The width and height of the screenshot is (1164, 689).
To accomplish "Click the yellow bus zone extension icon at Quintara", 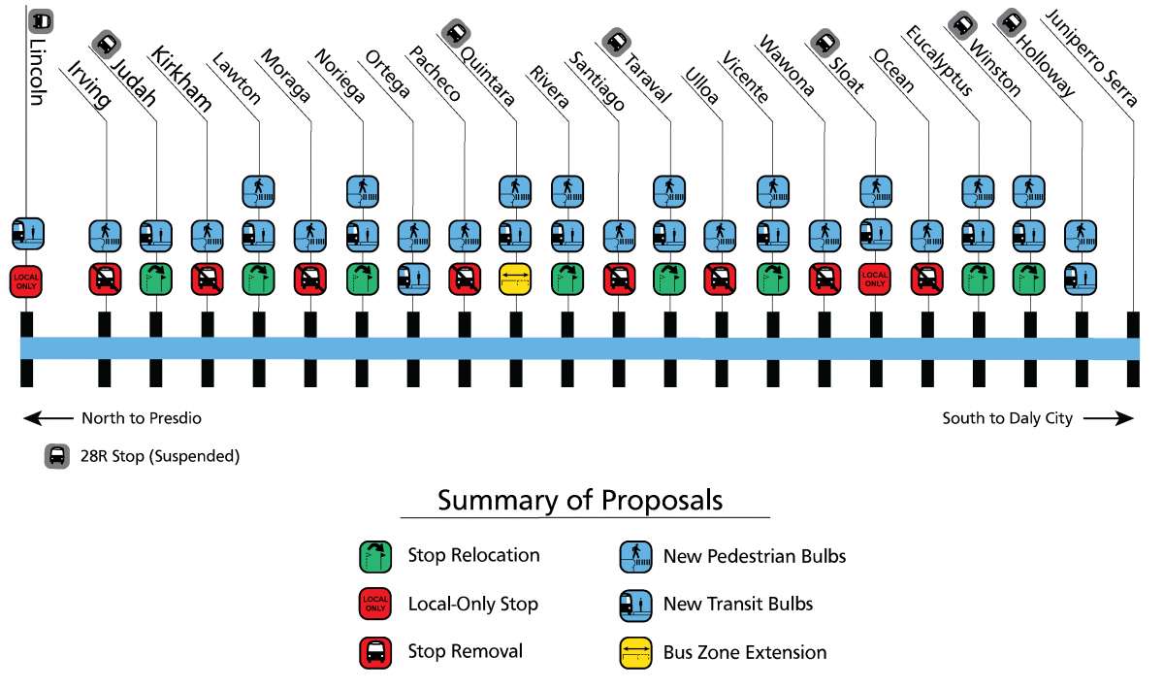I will tap(515, 279).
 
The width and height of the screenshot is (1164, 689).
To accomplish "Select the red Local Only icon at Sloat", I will tap(875, 279).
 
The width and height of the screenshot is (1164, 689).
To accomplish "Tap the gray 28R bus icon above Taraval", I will tap(615, 41).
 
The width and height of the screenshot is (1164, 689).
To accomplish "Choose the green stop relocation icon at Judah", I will tap(155, 279).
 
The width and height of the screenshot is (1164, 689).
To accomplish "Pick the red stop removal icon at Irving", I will tap(104, 279).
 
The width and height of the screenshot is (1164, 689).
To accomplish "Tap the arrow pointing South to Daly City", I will tap(1109, 418).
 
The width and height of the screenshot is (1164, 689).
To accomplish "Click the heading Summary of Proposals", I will tap(580, 500).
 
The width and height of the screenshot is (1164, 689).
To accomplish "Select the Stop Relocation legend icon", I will tap(375, 556).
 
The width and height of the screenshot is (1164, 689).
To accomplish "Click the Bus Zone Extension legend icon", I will tap(635, 652).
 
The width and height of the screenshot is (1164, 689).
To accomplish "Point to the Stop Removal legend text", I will tap(465, 652).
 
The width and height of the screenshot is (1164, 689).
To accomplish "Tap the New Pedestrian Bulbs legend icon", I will tap(635, 556).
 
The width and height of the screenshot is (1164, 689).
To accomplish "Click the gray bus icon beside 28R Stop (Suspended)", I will tap(57, 455).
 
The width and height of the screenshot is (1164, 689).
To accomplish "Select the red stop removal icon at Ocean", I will tap(926, 279).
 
